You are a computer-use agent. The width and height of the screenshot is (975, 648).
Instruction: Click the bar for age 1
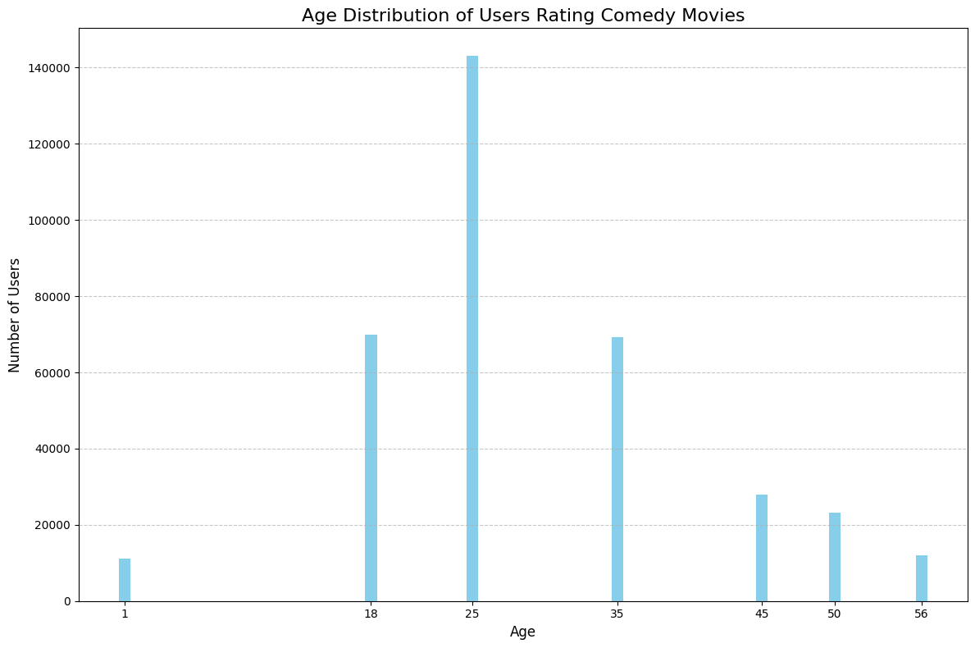[125, 580]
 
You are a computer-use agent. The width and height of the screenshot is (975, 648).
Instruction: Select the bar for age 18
[371, 468]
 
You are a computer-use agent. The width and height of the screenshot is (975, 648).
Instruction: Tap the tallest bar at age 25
[472, 328]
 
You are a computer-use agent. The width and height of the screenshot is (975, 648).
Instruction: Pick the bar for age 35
[617, 469]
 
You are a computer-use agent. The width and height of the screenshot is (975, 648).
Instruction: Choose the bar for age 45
[762, 548]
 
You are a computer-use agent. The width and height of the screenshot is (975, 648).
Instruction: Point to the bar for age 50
[835, 557]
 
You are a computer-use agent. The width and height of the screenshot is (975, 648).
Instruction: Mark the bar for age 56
[922, 578]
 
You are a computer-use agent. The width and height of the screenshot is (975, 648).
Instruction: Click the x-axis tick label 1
[125, 614]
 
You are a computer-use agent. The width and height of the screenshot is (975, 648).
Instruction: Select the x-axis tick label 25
[472, 614]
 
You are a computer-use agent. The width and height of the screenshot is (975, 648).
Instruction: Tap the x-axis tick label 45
[762, 614]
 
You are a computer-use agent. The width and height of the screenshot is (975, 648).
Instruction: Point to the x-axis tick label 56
[922, 614]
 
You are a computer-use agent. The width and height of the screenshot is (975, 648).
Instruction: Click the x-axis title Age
[523, 632]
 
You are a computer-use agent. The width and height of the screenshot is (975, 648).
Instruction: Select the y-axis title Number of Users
[15, 315]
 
